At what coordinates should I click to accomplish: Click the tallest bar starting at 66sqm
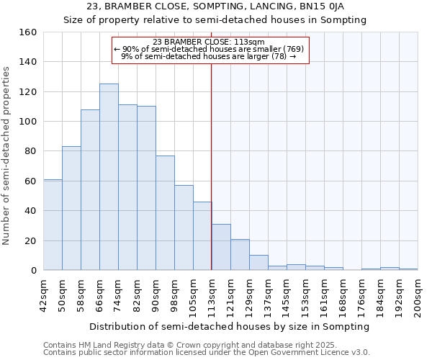coord(109,177)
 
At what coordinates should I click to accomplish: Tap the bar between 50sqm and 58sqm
coord(71,208)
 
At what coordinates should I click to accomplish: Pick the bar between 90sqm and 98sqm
coord(165,213)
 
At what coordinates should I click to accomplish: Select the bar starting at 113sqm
coord(221,247)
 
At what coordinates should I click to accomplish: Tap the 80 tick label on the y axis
coord(30,151)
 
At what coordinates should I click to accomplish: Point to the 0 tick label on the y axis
coord(33,271)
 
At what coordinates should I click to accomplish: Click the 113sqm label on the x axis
coord(212,294)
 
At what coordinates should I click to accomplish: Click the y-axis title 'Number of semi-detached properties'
coord(7,153)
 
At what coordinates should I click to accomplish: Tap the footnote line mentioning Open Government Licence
coord(207,352)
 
